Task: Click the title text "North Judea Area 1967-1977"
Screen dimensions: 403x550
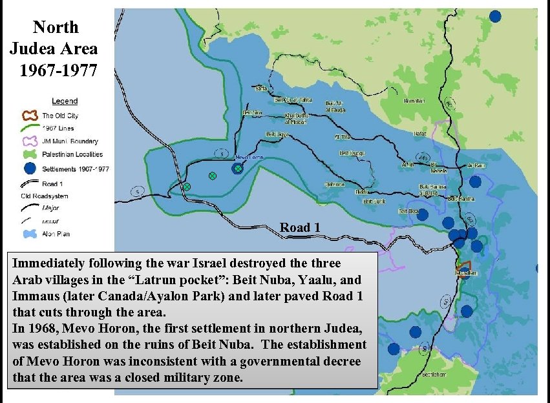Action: [55, 48]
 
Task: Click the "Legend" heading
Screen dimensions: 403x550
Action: [65, 101]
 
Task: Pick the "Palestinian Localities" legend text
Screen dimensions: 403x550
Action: [72, 155]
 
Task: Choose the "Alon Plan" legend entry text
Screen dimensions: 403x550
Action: [56, 234]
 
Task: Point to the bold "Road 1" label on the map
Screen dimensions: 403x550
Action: [299, 227]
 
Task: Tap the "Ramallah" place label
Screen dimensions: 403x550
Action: [414, 101]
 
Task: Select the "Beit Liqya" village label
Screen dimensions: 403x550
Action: [277, 134]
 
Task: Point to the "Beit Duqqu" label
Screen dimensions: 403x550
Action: [352, 153]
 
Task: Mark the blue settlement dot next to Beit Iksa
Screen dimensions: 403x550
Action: [422, 215]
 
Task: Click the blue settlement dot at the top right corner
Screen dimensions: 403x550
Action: [495, 16]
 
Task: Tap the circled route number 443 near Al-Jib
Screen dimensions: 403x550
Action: [424, 157]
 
